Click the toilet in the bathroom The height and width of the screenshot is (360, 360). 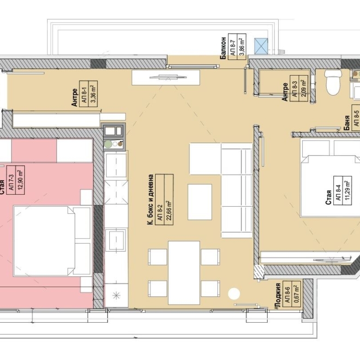pyautogui.click(x=332, y=82)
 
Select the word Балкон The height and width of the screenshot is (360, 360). pyautogui.click(x=223, y=48)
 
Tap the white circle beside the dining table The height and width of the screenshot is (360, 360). pyautogui.click(x=234, y=293)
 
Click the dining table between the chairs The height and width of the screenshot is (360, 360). pyautogui.click(x=184, y=272)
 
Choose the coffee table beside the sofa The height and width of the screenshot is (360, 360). pyautogui.click(x=199, y=202)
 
